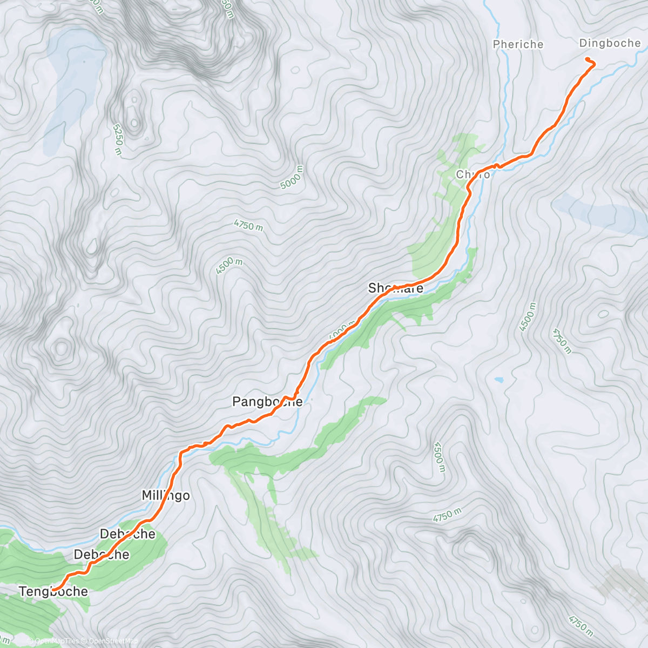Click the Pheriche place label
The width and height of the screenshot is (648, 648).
(x=518, y=44)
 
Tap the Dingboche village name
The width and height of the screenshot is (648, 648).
(x=609, y=43)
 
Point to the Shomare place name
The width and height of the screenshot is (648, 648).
(x=395, y=288)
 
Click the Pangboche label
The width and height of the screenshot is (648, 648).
(x=267, y=402)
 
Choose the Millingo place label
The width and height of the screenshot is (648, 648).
(x=165, y=495)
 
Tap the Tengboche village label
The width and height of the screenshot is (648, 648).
(x=53, y=591)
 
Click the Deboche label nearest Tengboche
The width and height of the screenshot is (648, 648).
(x=102, y=555)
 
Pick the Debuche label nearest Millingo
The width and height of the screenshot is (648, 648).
(x=127, y=534)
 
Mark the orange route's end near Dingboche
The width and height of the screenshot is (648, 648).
(x=587, y=58)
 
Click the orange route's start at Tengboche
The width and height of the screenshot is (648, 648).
(x=53, y=589)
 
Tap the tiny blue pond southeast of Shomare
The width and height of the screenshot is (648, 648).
(x=500, y=380)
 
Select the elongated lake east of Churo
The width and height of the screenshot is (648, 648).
(x=599, y=213)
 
